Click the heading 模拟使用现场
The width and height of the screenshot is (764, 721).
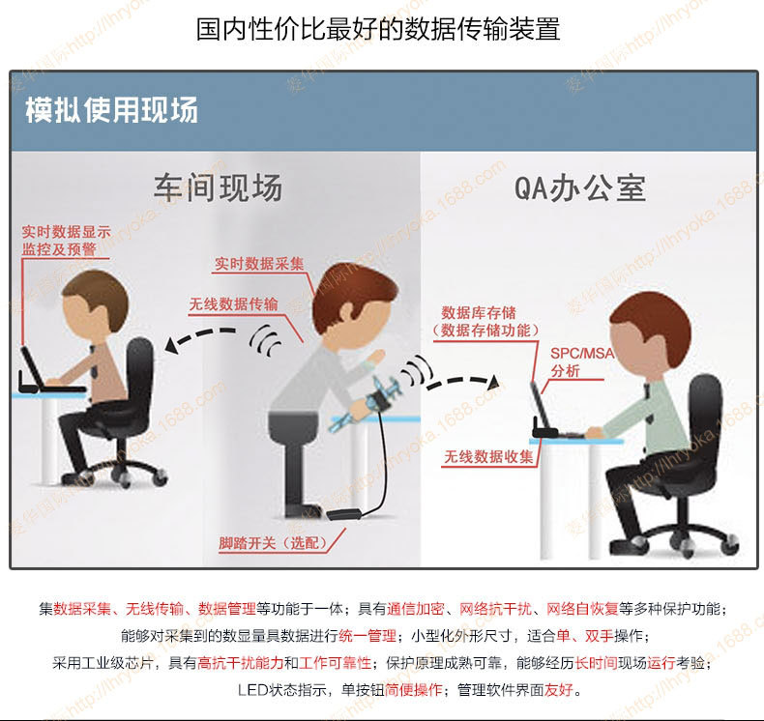(111, 110)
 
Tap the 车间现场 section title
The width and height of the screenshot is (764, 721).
(219, 187)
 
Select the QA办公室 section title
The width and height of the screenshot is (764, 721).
(580, 187)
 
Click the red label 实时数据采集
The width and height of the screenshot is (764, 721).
(259, 264)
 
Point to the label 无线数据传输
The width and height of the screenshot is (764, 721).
(233, 304)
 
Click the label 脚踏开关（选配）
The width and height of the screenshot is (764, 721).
(273, 543)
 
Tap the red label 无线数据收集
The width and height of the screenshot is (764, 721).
(488, 456)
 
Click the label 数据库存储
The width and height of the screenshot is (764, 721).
(479, 312)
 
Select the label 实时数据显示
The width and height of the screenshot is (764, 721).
(67, 232)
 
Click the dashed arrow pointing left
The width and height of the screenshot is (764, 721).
(200, 337)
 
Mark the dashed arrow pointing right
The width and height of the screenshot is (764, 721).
(463, 382)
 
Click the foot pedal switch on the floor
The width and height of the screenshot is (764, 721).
(343, 514)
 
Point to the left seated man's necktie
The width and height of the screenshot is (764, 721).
(94, 362)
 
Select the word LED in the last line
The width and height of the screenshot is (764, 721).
(252, 690)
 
